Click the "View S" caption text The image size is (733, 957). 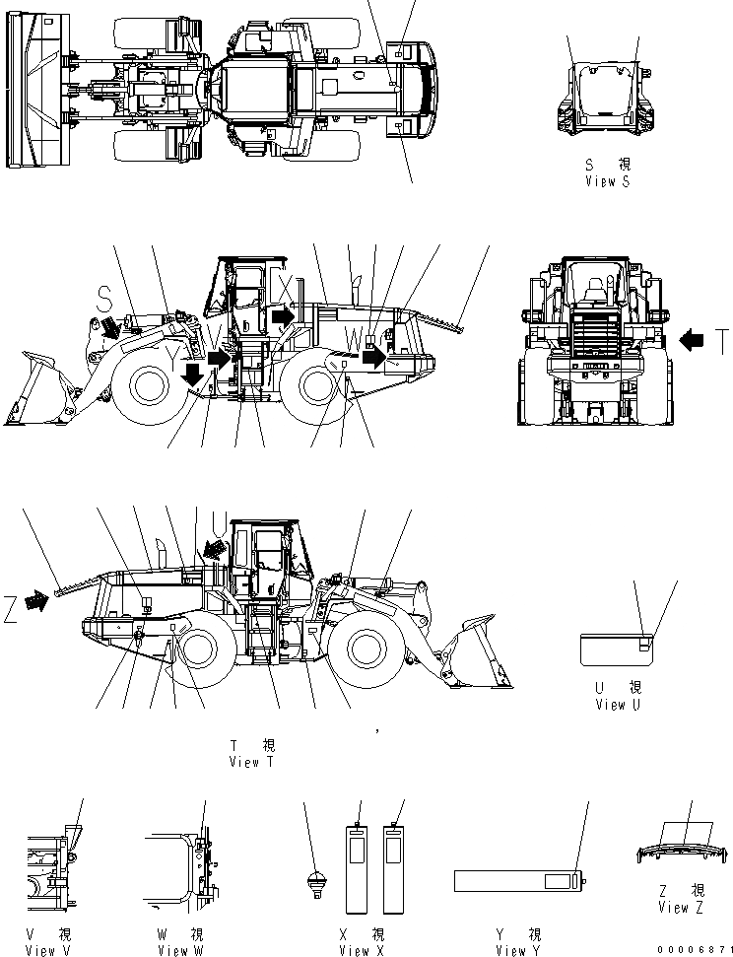(607, 181)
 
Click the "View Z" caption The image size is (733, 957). (681, 907)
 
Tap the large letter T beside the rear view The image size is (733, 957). (721, 342)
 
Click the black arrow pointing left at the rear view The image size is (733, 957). (692, 341)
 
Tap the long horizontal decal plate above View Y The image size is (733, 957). (516, 879)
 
